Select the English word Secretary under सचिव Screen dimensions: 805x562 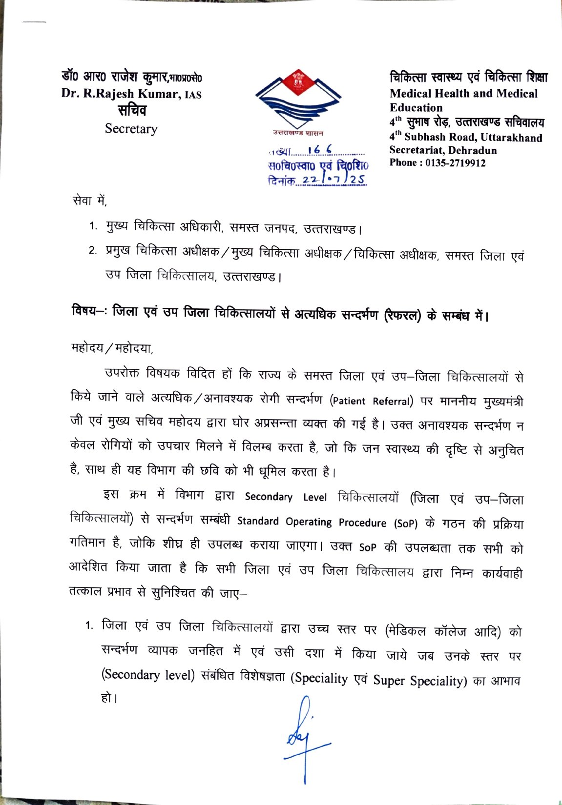point(131,129)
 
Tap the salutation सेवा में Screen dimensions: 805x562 point(89,200)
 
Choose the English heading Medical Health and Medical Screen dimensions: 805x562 point(463,94)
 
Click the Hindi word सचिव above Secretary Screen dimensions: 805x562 point(131,110)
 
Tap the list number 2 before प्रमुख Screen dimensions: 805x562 point(92,251)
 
